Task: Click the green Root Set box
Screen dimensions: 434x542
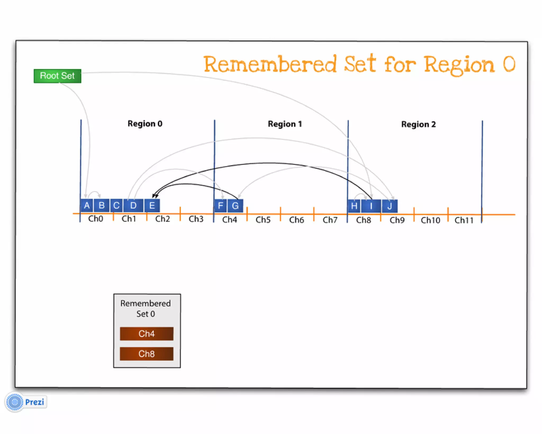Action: [x=57, y=76]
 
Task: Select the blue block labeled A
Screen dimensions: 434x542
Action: [x=87, y=206]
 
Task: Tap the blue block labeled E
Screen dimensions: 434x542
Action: [x=152, y=206]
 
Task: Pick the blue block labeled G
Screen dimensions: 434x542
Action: [x=235, y=206]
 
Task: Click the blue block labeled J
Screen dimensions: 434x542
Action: [x=390, y=206]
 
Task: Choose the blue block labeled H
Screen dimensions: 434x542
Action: [x=354, y=206]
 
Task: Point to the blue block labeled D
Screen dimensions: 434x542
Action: [x=133, y=206]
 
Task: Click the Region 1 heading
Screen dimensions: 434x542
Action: [x=285, y=124]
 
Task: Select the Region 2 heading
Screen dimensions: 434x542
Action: [x=418, y=124]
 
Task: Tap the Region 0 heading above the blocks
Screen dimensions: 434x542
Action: [x=145, y=124]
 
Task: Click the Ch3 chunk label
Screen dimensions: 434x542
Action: [x=196, y=219]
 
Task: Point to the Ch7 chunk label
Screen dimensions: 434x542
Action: [x=330, y=220]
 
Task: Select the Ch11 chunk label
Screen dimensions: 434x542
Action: [x=464, y=220]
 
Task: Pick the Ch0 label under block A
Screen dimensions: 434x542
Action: [x=96, y=219]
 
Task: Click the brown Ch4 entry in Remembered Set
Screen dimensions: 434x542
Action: [x=147, y=334]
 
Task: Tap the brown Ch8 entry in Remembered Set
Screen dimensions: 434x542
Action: [x=147, y=354]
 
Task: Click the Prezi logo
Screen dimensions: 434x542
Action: [x=26, y=402]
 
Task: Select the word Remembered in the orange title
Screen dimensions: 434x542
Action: [x=270, y=64]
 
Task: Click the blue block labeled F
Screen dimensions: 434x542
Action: [x=220, y=206]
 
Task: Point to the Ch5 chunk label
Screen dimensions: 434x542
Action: [x=263, y=220]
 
